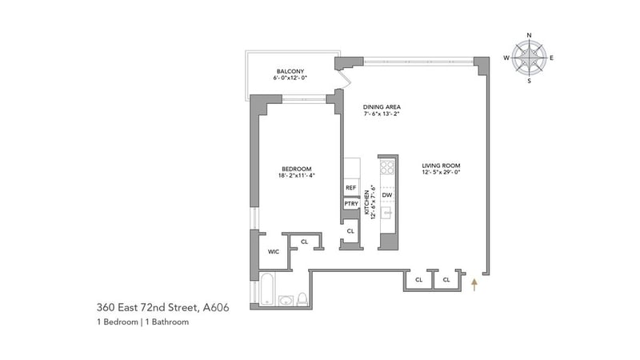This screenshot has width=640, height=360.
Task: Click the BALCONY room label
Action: click(x=290, y=71)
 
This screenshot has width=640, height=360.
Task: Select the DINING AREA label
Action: click(x=382, y=107)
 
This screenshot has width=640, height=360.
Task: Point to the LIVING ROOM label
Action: click(x=441, y=166)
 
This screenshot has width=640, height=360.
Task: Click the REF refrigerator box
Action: click(x=350, y=188)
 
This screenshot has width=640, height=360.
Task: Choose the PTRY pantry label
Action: click(x=351, y=204)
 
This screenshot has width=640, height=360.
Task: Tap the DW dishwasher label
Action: click(x=387, y=195)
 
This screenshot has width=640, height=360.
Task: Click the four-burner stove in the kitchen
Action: click(x=387, y=166)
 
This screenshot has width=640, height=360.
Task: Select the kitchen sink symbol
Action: click(x=387, y=213)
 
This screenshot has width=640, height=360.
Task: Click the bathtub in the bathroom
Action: click(x=267, y=289)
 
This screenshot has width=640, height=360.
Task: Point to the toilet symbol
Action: click(x=302, y=299)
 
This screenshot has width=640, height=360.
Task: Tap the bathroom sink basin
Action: click(x=286, y=301)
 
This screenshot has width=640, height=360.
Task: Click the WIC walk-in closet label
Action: click(x=274, y=252)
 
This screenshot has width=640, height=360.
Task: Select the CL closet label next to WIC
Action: click(x=304, y=242)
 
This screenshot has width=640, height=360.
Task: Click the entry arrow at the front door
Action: click(x=474, y=285)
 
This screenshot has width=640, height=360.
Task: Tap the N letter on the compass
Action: click(x=530, y=35)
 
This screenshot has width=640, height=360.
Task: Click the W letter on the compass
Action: click(x=506, y=58)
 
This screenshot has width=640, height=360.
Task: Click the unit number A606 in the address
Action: click(x=216, y=307)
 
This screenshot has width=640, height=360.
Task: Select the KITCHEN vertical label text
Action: click(x=366, y=202)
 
